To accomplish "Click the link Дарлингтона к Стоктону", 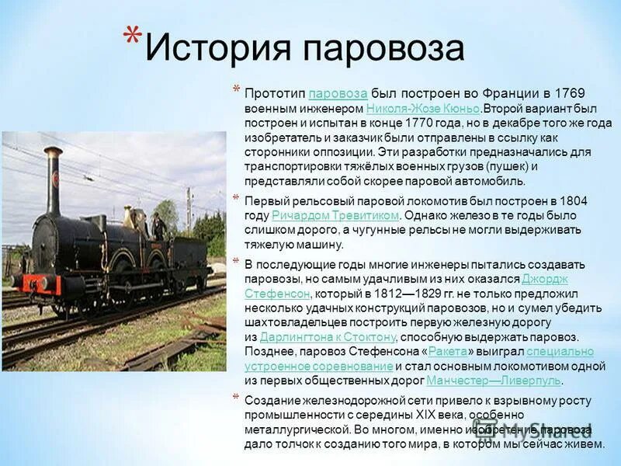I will [x=328, y=336].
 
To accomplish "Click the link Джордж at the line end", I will [x=545, y=279].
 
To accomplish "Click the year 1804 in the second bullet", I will [x=573, y=200].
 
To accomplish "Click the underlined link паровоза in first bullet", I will [x=338, y=93].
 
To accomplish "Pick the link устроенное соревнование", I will [x=318, y=365].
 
